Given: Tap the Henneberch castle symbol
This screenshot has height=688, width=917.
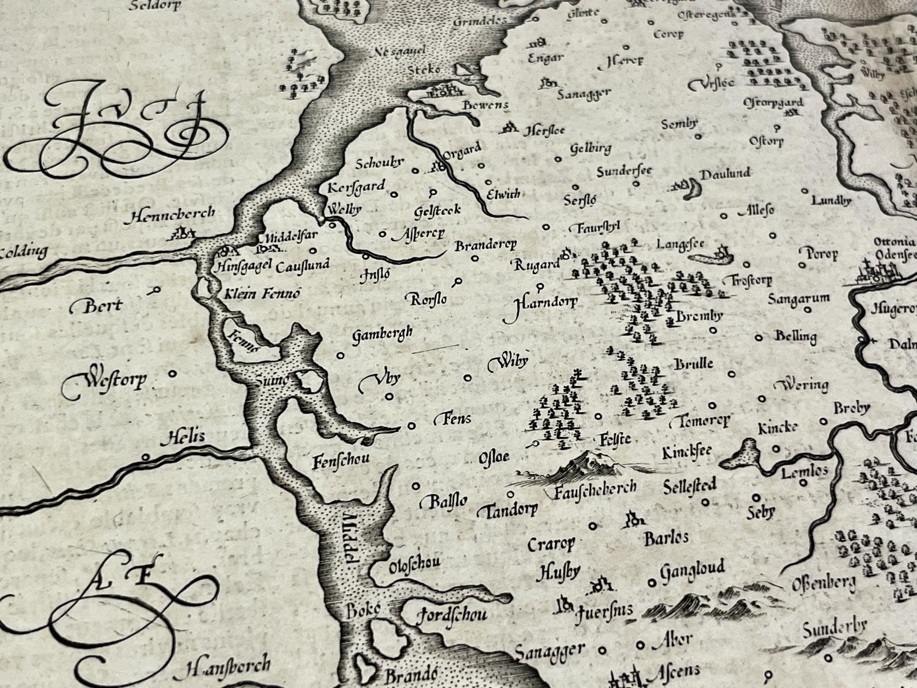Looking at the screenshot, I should [x=182, y=233].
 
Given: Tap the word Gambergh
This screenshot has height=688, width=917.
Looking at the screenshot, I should [x=382, y=334].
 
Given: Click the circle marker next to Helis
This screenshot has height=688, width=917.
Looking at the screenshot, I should [x=146, y=457].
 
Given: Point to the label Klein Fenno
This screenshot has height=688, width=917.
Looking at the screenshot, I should [x=260, y=295].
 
